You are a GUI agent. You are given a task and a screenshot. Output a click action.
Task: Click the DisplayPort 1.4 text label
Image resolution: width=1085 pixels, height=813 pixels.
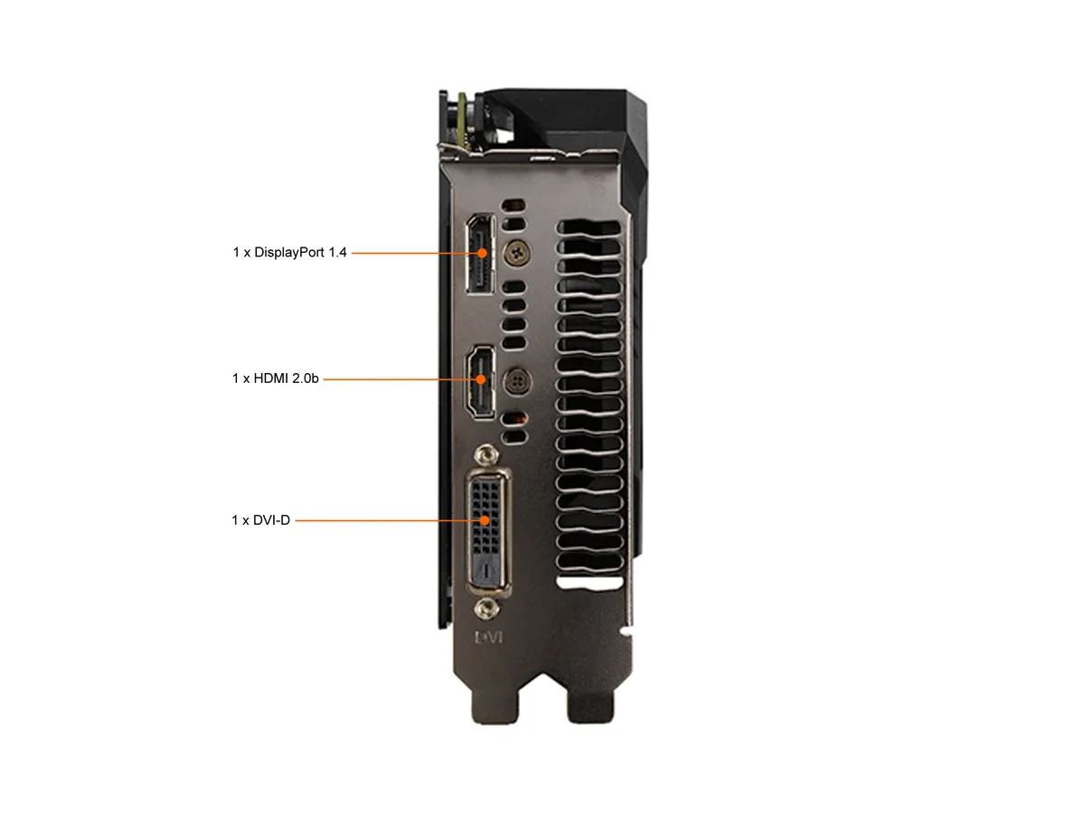coord(289,252)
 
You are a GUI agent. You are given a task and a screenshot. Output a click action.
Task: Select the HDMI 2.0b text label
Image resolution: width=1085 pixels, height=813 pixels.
coord(276,378)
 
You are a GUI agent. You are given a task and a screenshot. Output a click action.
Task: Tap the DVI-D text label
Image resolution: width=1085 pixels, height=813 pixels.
coord(260,519)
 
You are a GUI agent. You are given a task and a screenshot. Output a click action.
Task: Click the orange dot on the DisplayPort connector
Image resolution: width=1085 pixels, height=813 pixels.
coord(482,253)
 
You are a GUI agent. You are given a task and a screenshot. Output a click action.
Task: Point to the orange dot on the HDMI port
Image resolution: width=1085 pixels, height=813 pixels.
coord(480,379)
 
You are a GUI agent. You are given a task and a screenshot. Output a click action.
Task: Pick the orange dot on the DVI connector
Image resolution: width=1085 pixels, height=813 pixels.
coord(485,520)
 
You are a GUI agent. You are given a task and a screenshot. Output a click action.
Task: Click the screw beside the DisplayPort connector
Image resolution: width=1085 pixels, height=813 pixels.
coord(516,253)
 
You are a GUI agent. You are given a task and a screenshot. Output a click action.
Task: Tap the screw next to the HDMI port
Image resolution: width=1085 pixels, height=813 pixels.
coord(517,381)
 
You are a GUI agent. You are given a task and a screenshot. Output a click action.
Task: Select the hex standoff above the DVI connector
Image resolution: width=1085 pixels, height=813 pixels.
coord(486,454)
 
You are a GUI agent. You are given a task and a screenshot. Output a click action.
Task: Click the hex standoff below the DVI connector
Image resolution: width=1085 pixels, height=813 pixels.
coord(486,608)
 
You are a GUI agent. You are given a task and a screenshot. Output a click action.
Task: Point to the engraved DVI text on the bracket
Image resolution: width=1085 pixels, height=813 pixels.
coord(488,637)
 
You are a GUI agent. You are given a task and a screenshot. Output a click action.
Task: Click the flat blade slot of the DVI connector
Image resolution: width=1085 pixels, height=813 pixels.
coord(487,569)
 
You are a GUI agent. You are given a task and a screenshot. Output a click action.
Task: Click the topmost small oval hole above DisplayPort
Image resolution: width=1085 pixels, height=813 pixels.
coord(514,205)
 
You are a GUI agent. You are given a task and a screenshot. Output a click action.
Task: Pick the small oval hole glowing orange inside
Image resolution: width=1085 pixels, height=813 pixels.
coord(514,419)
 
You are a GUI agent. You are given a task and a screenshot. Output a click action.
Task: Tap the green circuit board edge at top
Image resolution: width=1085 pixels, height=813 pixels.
coord(463,120)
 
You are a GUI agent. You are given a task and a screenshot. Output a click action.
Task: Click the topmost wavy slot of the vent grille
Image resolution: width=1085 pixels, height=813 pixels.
coord(589,228)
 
